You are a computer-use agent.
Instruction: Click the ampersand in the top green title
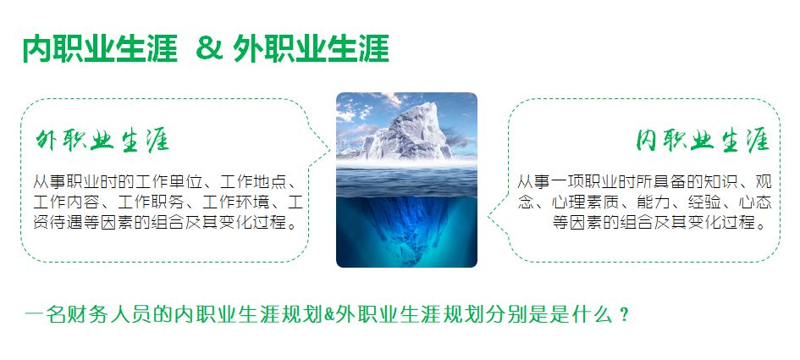coord(210,48)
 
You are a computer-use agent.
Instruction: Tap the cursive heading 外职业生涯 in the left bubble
coord(102,141)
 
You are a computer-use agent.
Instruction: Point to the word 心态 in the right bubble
coord(755,202)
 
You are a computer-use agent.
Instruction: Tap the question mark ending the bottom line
coord(623,315)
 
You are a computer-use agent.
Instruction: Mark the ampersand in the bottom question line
coord(329,315)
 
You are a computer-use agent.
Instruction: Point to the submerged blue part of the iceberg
coord(406,227)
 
